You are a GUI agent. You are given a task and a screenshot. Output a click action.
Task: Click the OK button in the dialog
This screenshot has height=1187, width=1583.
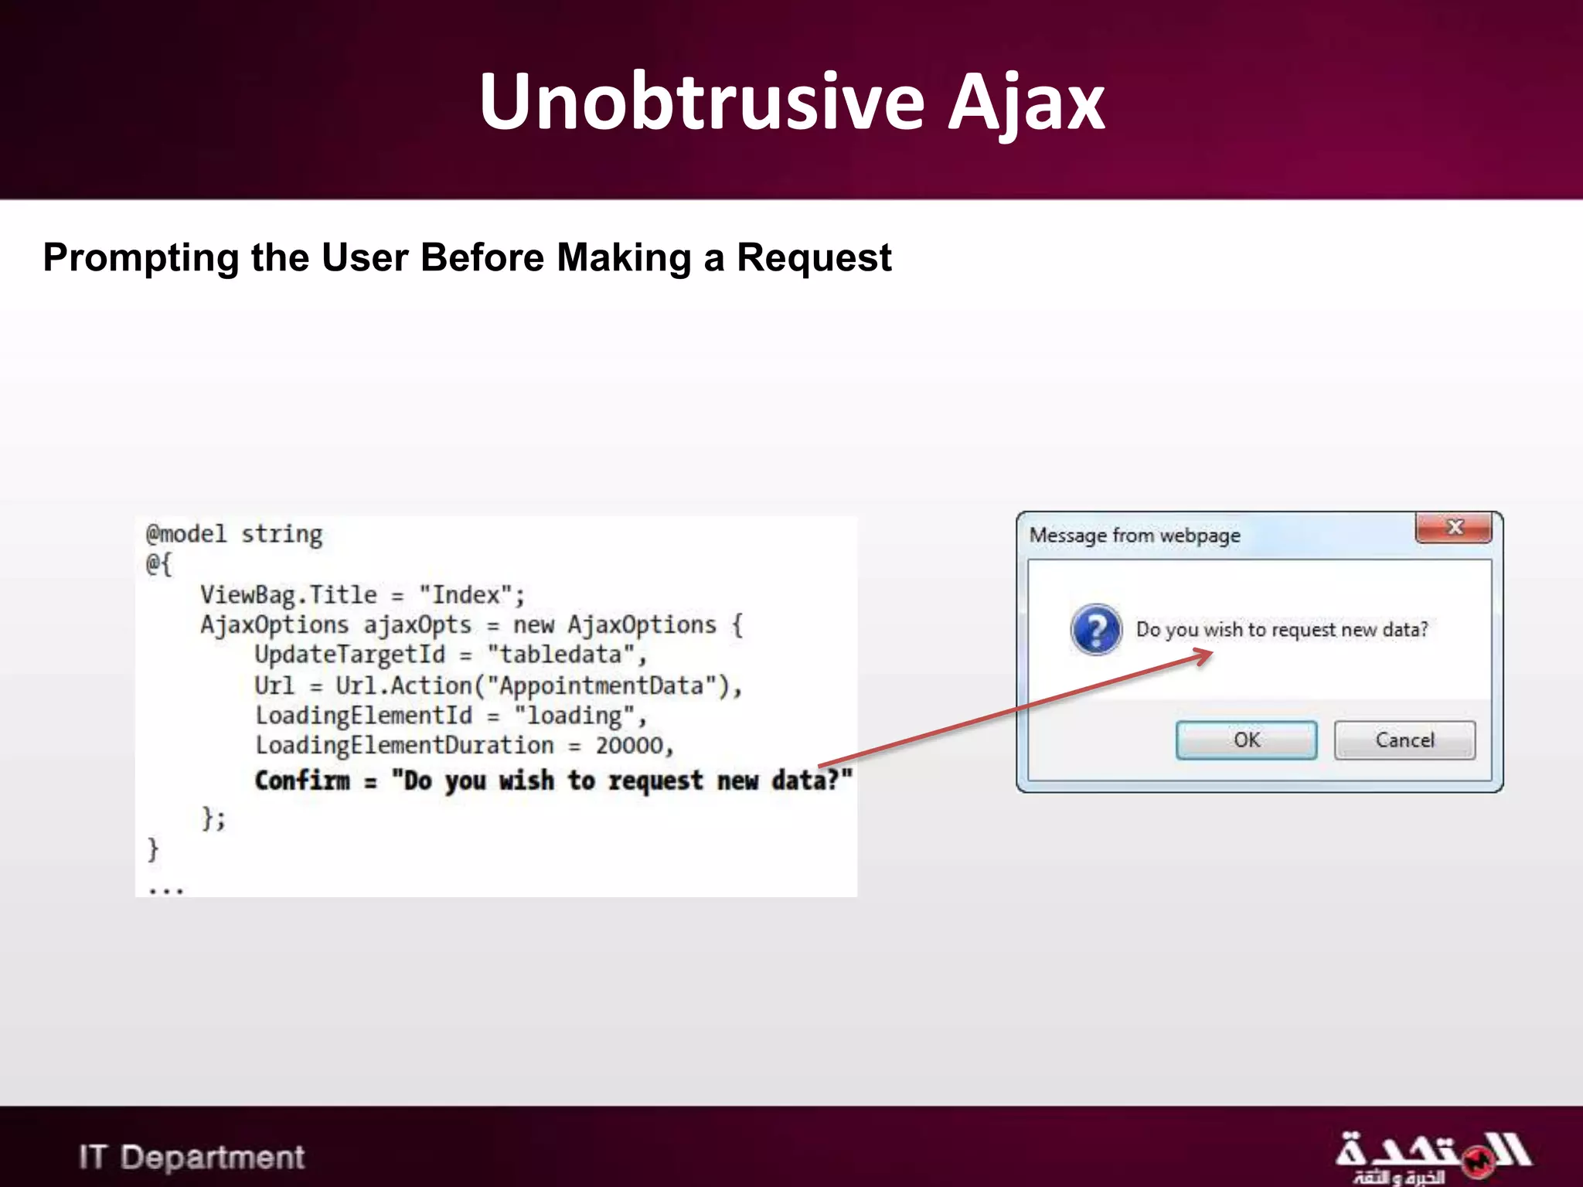[x=1246, y=740]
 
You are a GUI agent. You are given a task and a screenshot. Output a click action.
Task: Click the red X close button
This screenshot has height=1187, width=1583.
[x=1454, y=528]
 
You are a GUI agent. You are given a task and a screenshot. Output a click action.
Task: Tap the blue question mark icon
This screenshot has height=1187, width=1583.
[x=1096, y=630]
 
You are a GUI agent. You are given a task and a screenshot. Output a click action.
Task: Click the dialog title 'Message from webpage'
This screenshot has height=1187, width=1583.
[x=1135, y=536]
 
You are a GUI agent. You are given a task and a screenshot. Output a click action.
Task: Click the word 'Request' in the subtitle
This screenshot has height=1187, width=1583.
[x=814, y=257]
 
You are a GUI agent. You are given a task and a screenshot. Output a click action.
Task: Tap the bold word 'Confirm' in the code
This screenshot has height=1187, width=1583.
[x=302, y=781]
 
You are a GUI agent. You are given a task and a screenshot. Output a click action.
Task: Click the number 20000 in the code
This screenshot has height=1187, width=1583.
[x=630, y=746]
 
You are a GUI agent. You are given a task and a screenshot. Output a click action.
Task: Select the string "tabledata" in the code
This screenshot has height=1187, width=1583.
[x=562, y=655]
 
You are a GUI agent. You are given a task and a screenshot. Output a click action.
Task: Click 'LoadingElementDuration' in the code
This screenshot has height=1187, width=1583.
[x=405, y=746]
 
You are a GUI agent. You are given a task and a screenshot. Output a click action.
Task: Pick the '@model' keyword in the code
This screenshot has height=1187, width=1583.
[x=186, y=534]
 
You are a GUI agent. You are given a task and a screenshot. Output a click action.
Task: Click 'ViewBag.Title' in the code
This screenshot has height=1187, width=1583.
[x=288, y=595]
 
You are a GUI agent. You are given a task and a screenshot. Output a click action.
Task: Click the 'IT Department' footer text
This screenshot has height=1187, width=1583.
[x=192, y=1158]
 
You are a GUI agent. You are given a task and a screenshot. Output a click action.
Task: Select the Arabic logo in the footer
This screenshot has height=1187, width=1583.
[x=1432, y=1157]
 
